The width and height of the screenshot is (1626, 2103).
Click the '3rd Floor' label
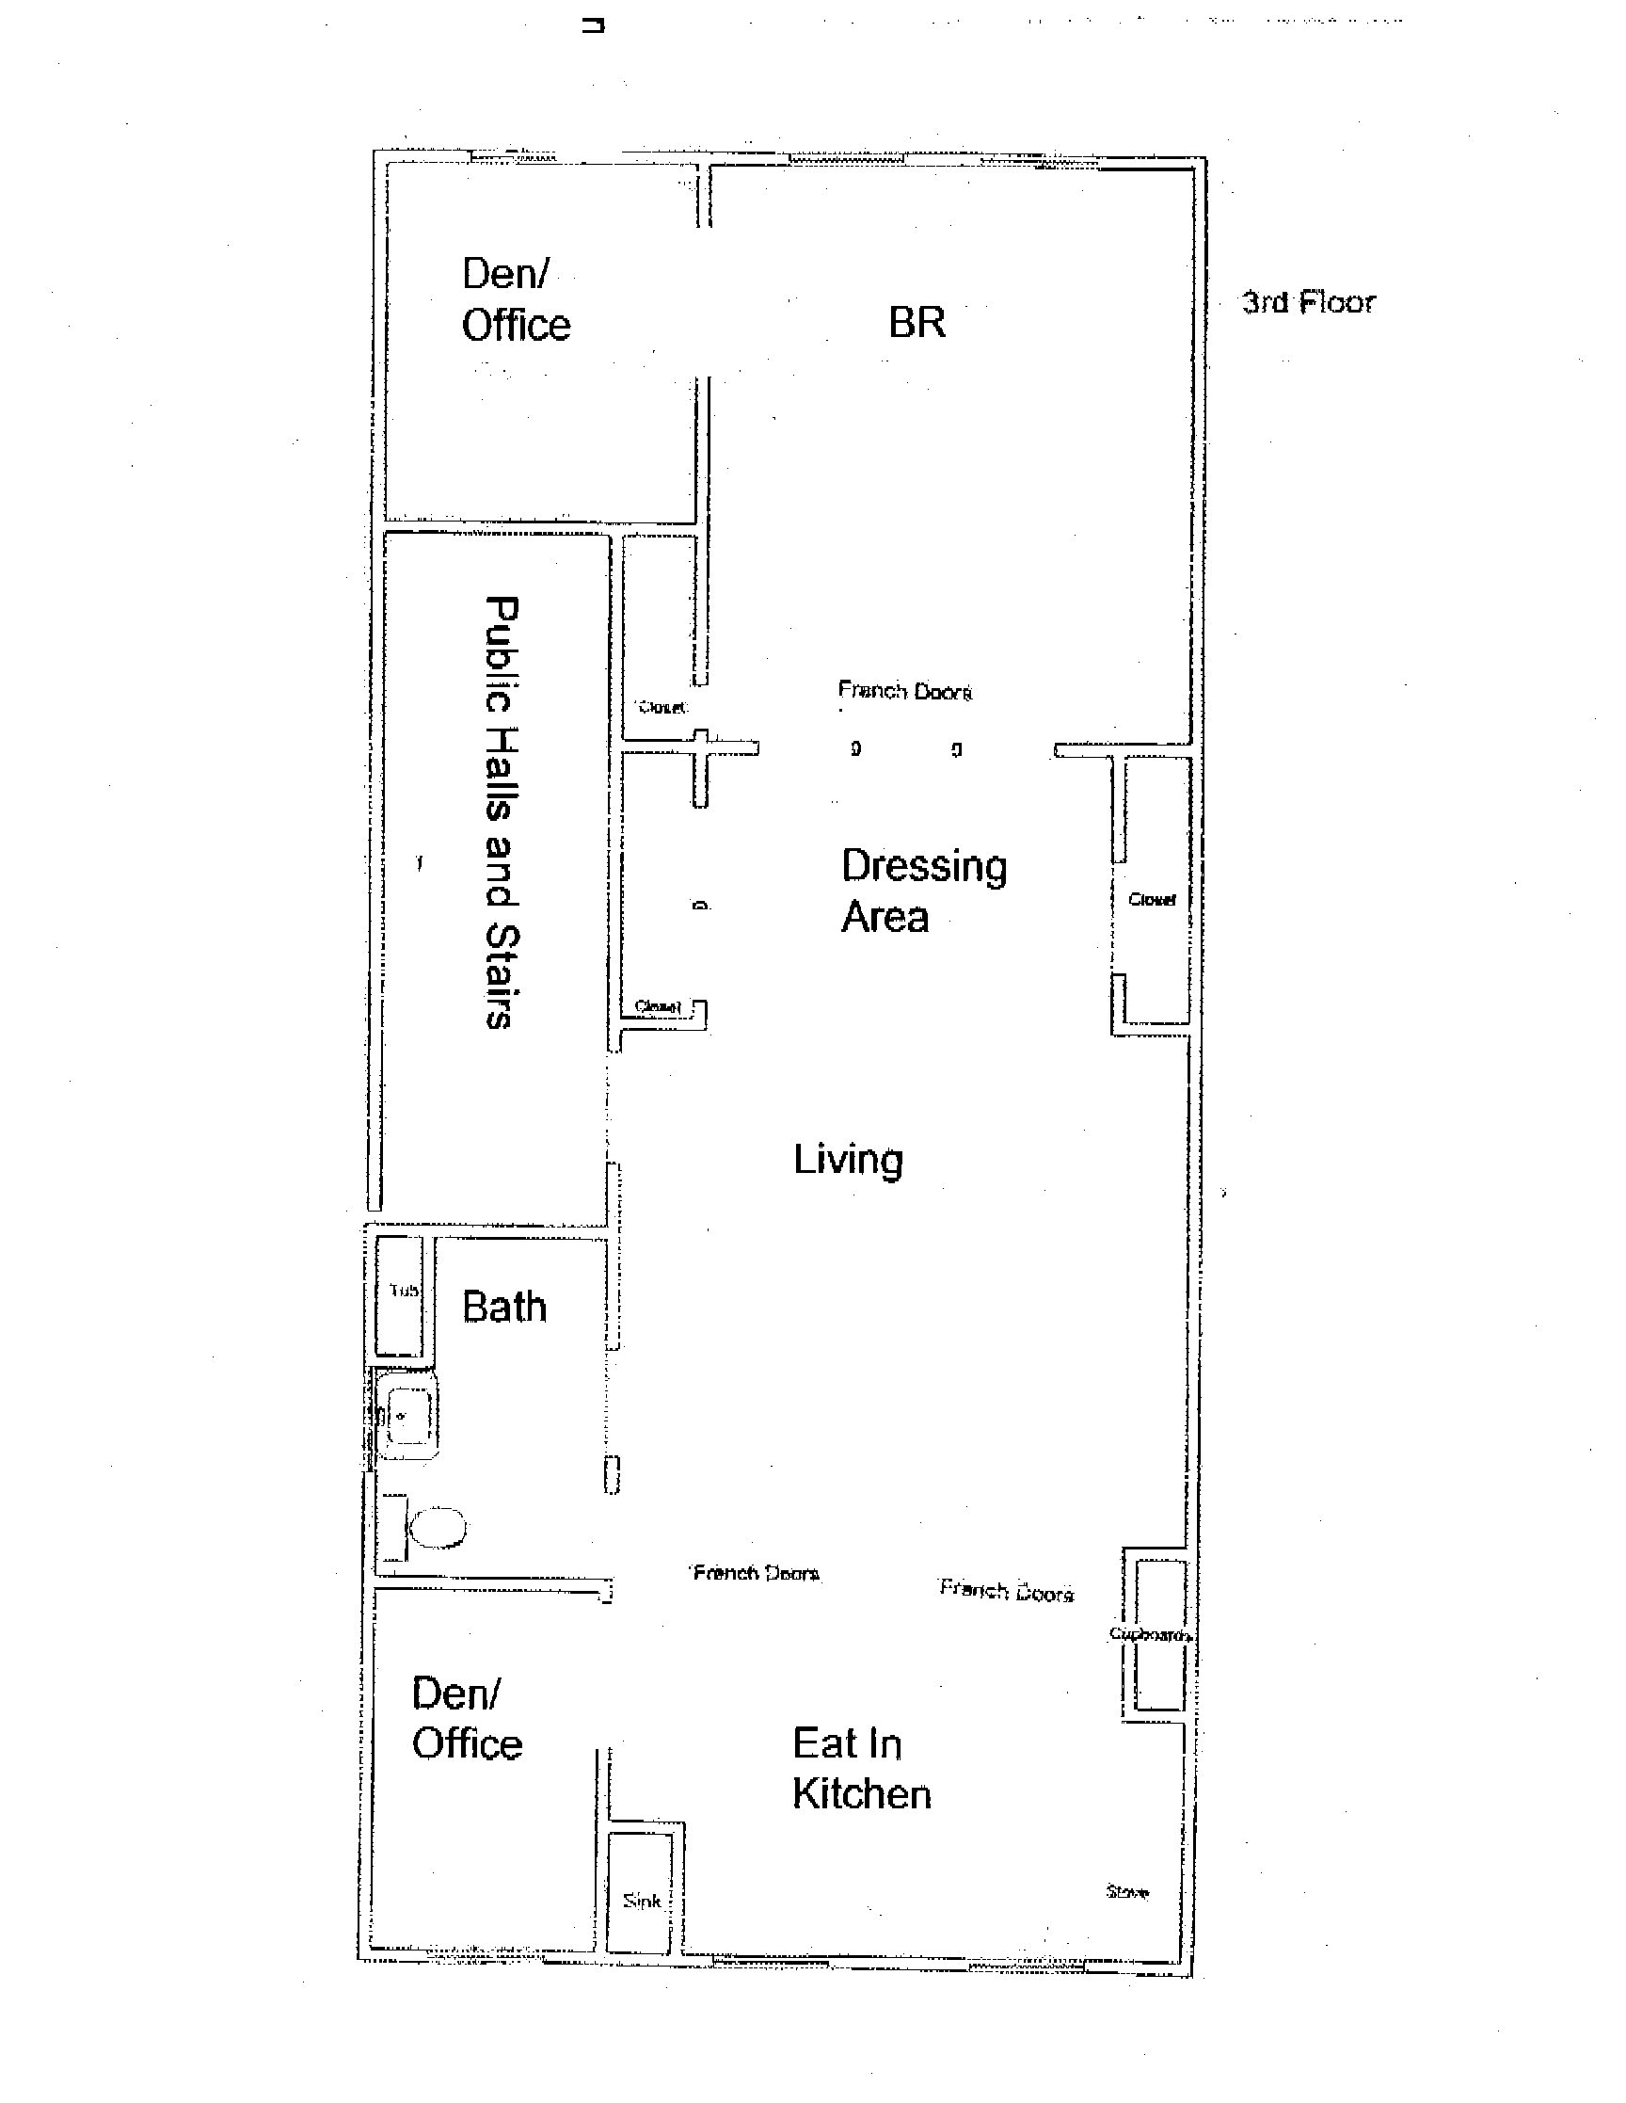1308,302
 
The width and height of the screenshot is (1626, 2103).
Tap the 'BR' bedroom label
917,323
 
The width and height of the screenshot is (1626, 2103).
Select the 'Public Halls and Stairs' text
501,811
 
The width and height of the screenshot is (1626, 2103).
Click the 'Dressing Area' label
923,891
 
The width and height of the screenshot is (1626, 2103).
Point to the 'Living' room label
848,1160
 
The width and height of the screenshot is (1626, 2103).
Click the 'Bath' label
504,1308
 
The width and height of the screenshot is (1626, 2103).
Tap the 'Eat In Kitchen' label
861,1769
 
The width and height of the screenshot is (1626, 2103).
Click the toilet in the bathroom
438,1527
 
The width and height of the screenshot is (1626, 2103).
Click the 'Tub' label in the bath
404,1291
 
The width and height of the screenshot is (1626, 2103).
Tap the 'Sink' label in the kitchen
641,1901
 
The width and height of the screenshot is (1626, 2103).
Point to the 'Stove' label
1126,1892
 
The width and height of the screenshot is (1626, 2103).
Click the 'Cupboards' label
1152,1634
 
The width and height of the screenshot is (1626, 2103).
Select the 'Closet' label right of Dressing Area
1152,899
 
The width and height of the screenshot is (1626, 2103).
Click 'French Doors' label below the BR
905,691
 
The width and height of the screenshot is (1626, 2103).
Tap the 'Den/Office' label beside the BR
516,299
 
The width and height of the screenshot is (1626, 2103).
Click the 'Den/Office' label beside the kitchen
467,1719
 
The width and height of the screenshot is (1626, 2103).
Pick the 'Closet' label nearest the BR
662,708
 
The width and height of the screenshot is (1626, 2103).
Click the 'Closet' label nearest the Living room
659,1007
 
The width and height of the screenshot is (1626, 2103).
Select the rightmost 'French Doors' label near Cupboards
1006,1592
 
